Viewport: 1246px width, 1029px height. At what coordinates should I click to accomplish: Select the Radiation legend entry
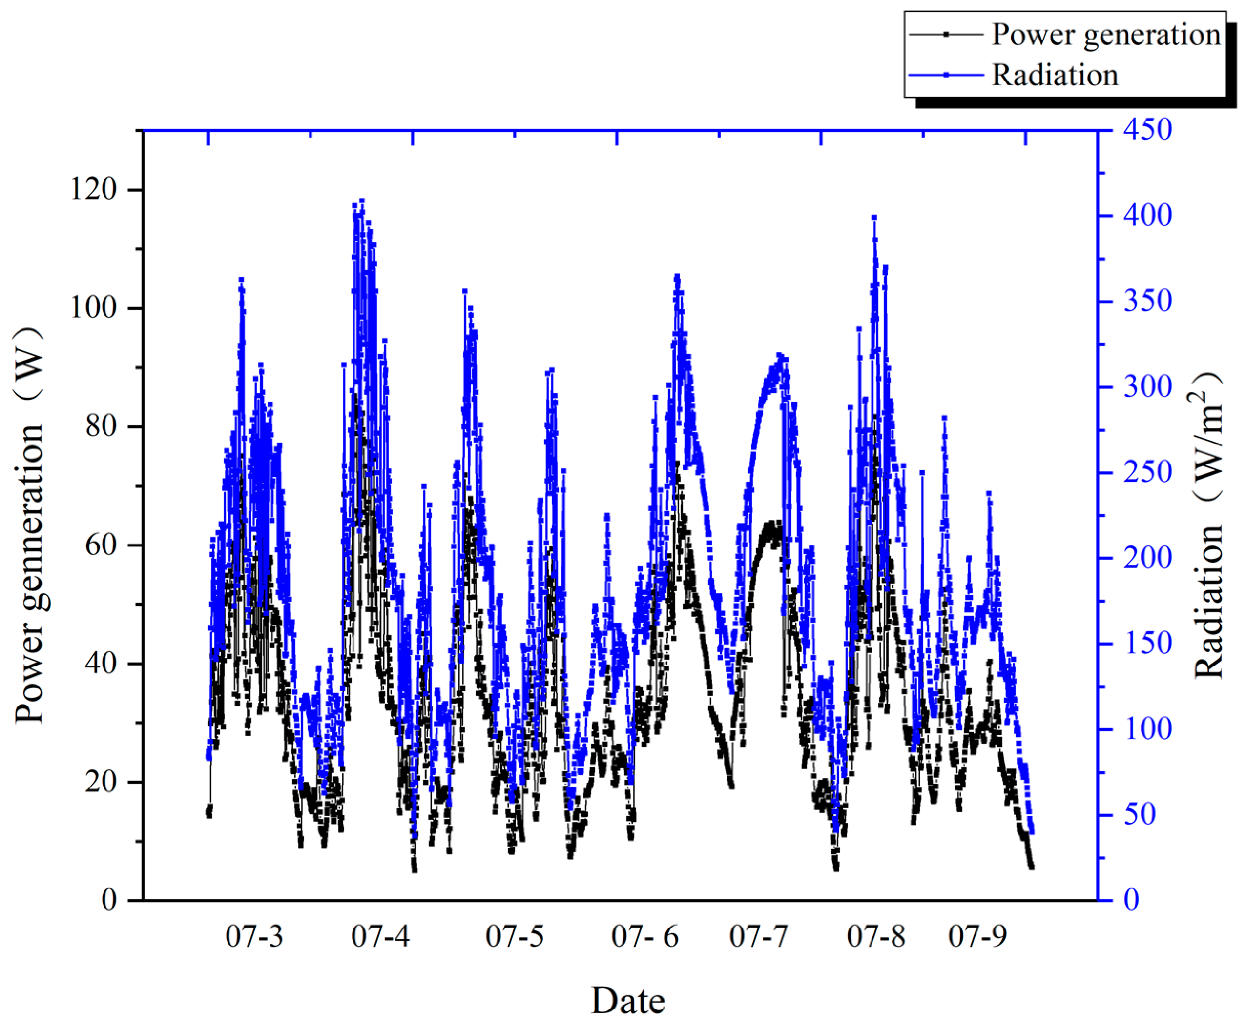tap(1055, 75)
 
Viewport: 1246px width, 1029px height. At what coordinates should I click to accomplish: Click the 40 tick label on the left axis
tap(100, 663)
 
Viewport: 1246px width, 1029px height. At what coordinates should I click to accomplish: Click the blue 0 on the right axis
tap(1132, 900)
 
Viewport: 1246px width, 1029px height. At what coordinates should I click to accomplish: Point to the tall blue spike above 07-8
tap(874, 218)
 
